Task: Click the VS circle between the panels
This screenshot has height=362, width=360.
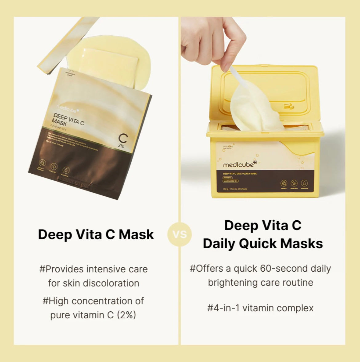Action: click(179, 234)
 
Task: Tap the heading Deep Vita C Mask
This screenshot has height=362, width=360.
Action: click(96, 234)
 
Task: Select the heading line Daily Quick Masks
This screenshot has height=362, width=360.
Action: click(262, 243)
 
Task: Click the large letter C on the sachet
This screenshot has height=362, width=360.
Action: click(123, 139)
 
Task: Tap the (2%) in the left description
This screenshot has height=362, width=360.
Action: click(126, 315)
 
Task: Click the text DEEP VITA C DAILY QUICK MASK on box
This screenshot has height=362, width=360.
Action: click(240, 174)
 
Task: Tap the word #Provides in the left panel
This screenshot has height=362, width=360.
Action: click(62, 269)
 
